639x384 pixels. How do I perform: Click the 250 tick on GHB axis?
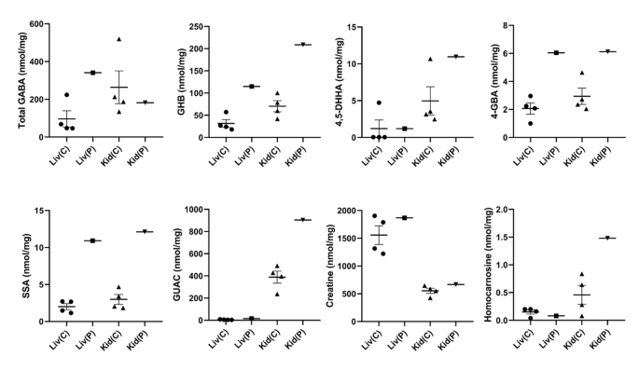195,24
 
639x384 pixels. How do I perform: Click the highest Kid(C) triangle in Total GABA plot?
118,39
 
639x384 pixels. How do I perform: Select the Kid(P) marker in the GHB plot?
279,45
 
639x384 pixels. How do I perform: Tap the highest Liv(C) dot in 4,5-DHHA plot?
380,103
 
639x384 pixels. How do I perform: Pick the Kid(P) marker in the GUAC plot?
279,220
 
